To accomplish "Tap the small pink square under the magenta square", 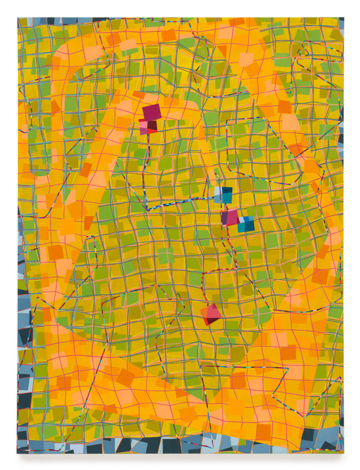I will pos(143,126).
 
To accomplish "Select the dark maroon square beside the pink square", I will pos(152,125).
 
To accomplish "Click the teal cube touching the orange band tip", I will pos(223,195).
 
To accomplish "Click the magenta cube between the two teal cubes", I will pos(230,217).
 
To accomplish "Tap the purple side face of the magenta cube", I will pos(224,218).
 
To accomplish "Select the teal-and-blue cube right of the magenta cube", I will pos(246,224).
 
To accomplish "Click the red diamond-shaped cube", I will pos(211,314).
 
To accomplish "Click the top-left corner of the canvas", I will pos(17,17).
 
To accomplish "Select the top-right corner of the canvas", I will pos(344,17).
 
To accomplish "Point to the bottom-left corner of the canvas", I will pos(17,453).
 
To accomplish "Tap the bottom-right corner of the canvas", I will pos(344,453).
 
